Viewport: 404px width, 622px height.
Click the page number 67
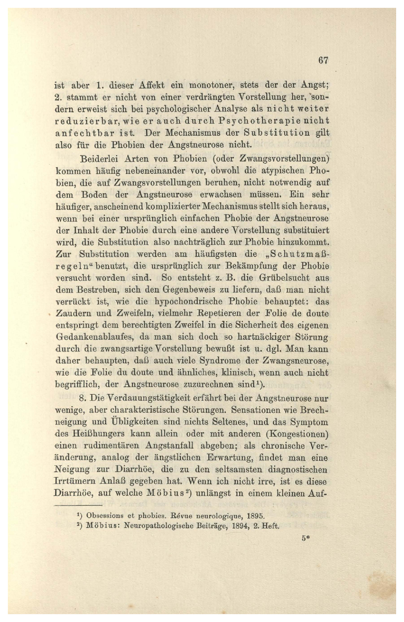(x=323, y=61)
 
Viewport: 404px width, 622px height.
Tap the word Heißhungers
(x=96, y=434)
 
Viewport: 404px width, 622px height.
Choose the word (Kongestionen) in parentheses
(x=297, y=434)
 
